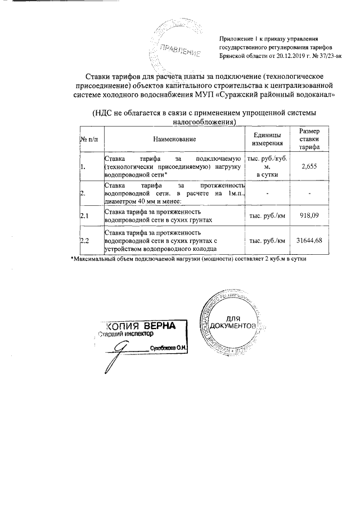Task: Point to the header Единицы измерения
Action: click(x=267, y=138)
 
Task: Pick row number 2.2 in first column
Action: click(x=85, y=241)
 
